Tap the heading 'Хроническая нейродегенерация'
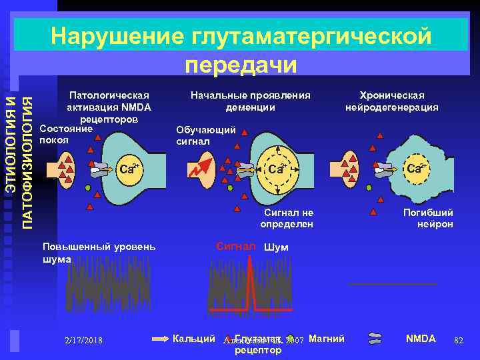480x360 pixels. tap(391, 101)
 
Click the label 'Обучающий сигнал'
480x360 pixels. tap(205, 135)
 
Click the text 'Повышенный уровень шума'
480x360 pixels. tap(98, 253)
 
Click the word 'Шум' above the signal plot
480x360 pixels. tap(277, 247)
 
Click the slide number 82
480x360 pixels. tap(458, 340)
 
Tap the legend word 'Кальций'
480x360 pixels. tap(193, 339)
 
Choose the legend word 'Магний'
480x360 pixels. tap(327, 339)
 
